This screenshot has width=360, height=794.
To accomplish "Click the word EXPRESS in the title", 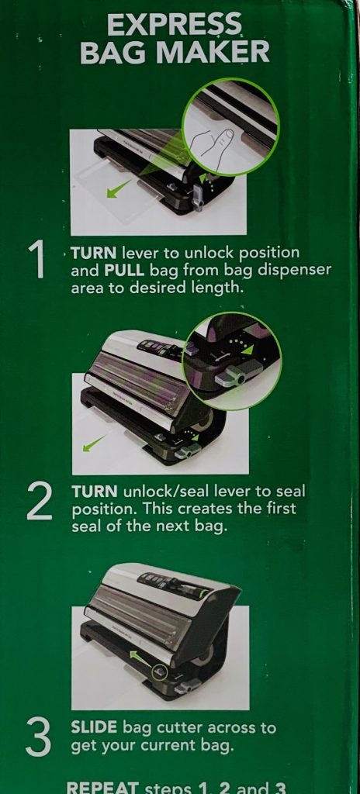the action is [x=175, y=24].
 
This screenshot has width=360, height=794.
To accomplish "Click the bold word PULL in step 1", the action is [x=125, y=270].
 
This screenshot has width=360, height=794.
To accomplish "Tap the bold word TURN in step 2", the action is [x=95, y=492].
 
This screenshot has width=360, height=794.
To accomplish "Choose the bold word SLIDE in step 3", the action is [x=95, y=728].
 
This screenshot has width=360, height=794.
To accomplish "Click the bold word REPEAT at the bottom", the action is [x=102, y=788].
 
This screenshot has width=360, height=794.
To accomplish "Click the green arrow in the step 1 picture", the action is [x=119, y=189].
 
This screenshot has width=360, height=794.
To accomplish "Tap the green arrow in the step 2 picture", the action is [x=95, y=443].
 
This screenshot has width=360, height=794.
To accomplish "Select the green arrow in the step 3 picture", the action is [x=141, y=658].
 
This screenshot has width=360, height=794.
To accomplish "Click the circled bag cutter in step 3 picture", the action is [x=159, y=672].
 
